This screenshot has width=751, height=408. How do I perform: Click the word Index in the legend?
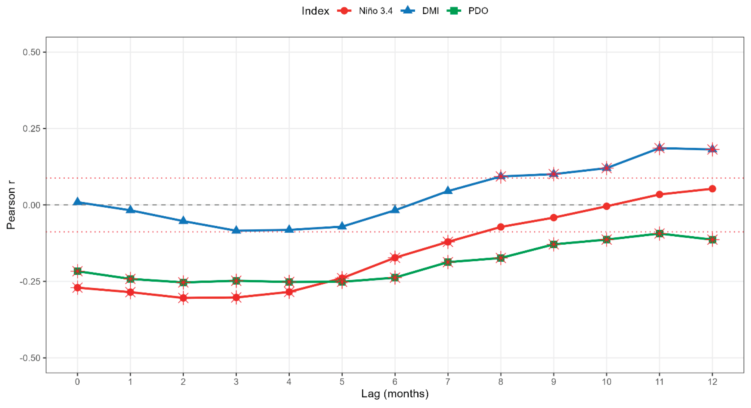315,11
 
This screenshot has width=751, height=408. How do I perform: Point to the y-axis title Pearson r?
11,205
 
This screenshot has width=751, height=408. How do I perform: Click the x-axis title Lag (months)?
395,394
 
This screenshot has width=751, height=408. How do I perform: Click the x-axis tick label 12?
712,381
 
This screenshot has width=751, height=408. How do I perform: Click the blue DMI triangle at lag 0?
77,202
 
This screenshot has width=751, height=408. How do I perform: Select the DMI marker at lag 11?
659,148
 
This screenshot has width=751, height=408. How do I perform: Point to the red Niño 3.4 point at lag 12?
712,189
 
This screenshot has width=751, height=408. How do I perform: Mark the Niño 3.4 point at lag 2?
183,298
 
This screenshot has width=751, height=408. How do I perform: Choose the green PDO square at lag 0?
77,271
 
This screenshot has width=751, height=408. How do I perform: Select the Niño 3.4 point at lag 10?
606,206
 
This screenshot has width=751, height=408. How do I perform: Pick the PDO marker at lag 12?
712,240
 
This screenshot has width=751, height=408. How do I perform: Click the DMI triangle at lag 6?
395,209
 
